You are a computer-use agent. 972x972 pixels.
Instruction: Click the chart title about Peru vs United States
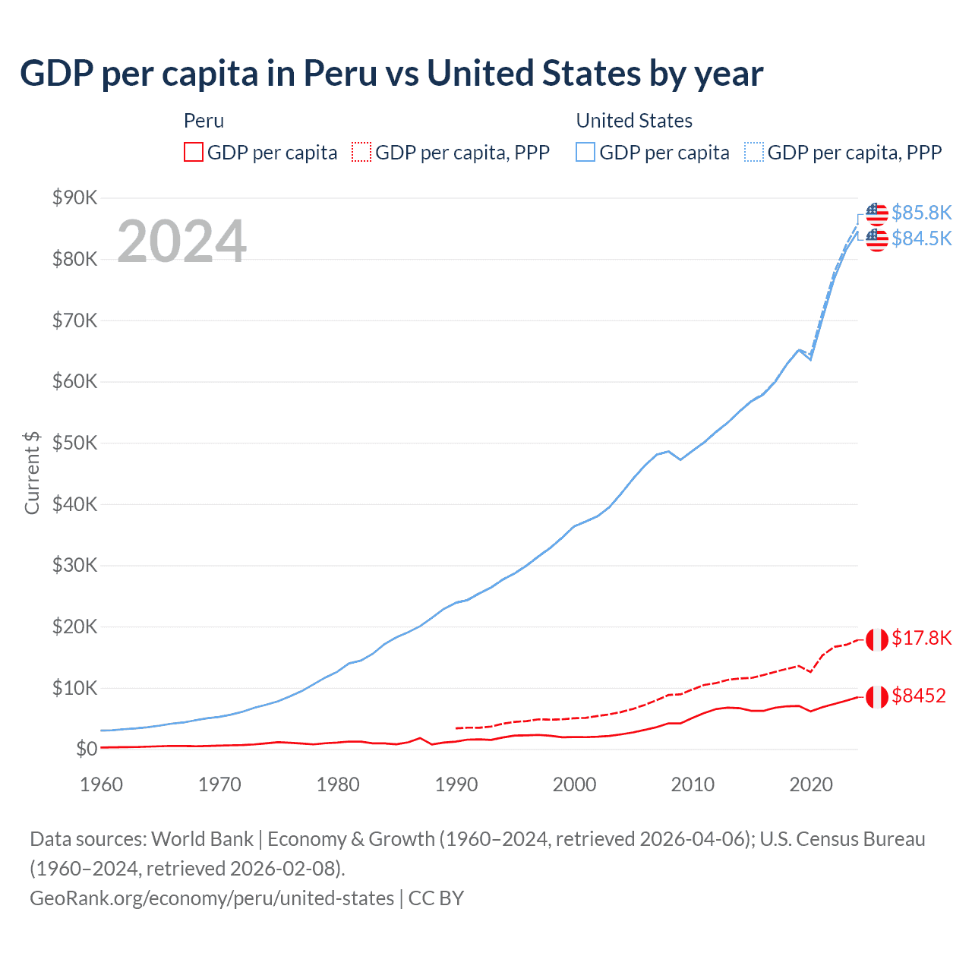391,74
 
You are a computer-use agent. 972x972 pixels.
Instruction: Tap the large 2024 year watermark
181,241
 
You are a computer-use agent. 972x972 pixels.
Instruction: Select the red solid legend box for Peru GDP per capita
194,152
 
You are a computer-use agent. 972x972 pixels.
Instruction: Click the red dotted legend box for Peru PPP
361,152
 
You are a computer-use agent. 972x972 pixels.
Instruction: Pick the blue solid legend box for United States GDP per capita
585,152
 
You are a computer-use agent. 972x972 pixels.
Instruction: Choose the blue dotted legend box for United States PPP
754,152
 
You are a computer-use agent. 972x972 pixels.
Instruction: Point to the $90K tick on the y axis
74,197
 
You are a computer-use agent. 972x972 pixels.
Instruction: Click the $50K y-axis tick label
74,443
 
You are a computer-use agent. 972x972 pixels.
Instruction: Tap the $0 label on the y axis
86,749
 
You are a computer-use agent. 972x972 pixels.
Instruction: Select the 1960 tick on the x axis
101,784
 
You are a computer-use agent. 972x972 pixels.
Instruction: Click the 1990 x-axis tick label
456,784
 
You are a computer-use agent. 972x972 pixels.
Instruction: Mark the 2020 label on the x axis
811,784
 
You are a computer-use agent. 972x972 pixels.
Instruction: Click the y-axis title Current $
32,472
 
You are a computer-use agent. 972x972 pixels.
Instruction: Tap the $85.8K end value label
921,213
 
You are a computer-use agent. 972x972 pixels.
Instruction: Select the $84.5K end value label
921,238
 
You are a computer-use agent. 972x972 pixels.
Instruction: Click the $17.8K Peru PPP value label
921,638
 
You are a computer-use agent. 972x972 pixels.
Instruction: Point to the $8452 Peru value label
918,696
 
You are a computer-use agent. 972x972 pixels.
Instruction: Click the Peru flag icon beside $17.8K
876,639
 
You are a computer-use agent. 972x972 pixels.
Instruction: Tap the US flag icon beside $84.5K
876,239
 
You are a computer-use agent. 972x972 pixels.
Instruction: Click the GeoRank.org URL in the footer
212,898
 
